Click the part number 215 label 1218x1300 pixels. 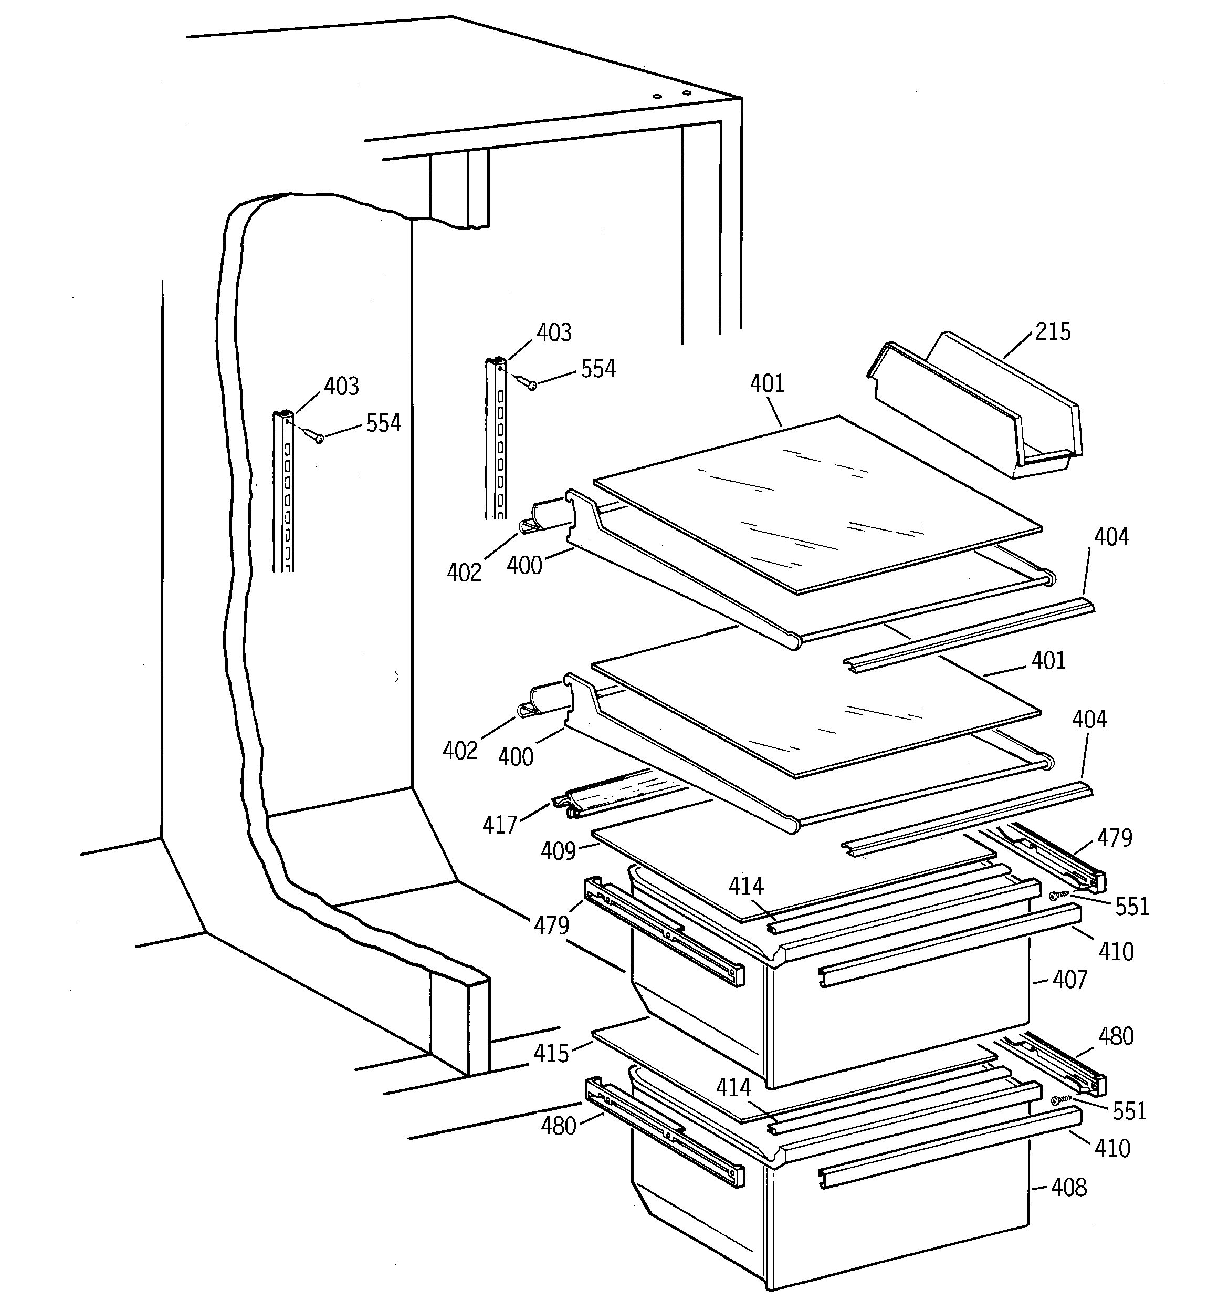[x=1053, y=332]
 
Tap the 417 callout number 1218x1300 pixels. [x=499, y=825]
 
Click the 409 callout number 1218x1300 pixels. [x=558, y=851]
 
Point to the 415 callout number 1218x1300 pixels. [x=551, y=1054]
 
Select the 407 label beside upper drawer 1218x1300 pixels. [x=1069, y=980]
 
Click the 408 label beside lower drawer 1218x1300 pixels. [x=1068, y=1187]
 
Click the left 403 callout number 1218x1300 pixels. [x=341, y=387]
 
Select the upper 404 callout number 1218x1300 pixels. [x=1111, y=537]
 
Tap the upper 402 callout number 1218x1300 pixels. [x=464, y=573]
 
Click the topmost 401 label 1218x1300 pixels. [x=767, y=384]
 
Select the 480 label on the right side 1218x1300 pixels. [x=1115, y=1036]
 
